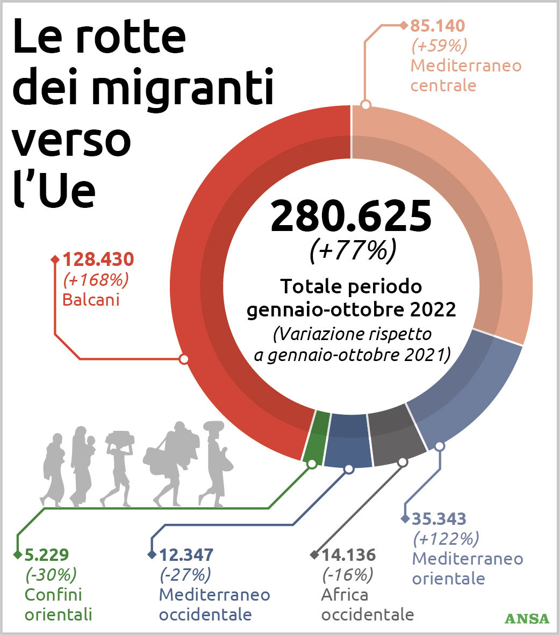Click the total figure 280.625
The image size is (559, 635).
coord(351,217)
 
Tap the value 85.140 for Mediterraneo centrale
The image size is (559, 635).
coord(438,26)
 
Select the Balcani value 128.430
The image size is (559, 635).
coord(98,259)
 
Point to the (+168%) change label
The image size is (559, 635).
coord(96,280)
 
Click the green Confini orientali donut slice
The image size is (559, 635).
coord(317,435)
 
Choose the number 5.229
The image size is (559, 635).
coord(47,554)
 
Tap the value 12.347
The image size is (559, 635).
coord(187,554)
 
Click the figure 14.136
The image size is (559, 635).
coord(348,554)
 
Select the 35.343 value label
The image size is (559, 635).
coord(439,519)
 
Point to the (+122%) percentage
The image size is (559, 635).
coord(446,538)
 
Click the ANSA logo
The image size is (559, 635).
coord(527,618)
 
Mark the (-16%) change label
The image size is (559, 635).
coord(347,575)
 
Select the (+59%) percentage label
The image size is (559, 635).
coord(439,46)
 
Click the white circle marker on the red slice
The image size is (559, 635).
coord(184,359)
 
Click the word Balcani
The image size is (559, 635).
coord(91,300)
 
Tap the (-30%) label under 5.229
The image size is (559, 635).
coord(51,575)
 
